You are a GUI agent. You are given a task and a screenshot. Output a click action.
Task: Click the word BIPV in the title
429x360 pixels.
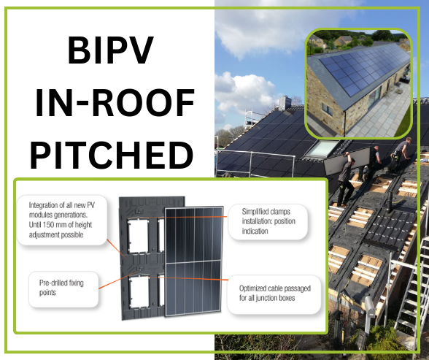(110, 50)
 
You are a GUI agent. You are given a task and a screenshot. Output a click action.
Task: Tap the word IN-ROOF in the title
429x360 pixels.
(115, 103)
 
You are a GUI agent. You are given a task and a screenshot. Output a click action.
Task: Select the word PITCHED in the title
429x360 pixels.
(112, 155)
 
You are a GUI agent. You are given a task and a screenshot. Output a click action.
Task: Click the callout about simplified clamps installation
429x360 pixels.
(268, 221)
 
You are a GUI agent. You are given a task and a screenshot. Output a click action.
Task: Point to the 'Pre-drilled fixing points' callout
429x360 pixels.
(63, 289)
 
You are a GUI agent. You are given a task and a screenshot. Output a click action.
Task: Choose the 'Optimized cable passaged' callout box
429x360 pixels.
(274, 294)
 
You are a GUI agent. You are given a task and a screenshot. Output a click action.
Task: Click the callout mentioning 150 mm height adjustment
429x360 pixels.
(61, 220)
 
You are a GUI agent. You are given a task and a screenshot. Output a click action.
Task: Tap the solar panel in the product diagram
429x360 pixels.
(193, 261)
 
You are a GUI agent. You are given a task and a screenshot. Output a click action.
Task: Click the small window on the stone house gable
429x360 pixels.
(327, 110)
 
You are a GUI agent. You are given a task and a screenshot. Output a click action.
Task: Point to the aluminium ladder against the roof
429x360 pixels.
(409, 288)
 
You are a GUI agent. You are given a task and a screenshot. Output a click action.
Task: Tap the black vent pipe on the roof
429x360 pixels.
(390, 202)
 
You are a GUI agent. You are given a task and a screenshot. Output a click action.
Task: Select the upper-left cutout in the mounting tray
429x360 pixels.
(138, 236)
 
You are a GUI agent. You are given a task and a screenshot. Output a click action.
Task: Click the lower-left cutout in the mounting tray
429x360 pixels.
(139, 292)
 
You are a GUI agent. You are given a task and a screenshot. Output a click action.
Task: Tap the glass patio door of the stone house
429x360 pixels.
(374, 96)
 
